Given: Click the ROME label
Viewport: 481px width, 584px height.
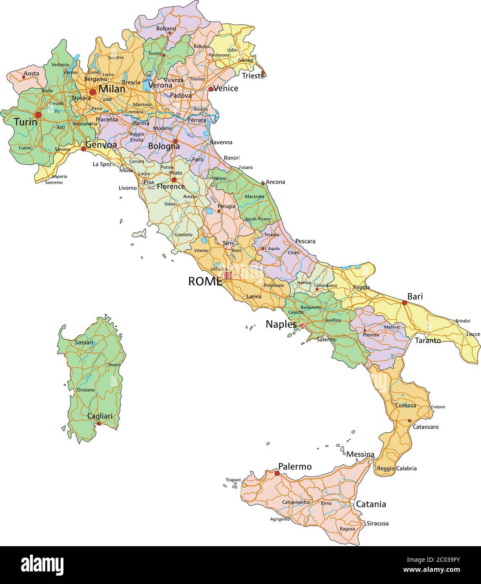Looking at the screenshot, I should coord(205,281).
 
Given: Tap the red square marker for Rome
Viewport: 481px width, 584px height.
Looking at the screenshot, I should coord(228,276).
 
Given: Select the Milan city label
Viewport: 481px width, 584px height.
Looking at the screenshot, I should coord(112,89).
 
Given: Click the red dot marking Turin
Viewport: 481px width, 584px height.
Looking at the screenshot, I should coord(38,115).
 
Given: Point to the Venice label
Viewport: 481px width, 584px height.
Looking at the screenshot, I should coord(226,88).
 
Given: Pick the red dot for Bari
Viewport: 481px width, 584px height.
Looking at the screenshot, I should coord(405,303).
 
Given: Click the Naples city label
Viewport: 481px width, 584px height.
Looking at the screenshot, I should coord(281,324).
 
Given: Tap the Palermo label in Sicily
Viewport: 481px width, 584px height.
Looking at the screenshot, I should coord(295,466).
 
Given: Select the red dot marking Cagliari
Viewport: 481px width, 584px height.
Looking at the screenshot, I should coord(99,424).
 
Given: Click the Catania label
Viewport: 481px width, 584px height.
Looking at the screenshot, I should coord(371,504).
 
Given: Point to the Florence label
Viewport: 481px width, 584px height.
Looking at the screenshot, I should coord(171,186).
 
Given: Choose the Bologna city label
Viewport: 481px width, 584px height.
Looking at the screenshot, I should coord(164,146).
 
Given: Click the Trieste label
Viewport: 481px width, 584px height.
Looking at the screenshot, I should coord(253,76).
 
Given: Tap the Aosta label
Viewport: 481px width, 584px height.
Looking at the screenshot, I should coord(31,74).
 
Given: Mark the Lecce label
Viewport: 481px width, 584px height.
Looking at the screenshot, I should coord(473,334).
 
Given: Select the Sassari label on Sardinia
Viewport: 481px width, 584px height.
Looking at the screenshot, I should coord(84,342).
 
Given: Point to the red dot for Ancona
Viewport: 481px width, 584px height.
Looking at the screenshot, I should coord(263,183).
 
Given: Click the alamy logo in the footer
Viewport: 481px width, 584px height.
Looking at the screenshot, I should coord(42,564).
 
